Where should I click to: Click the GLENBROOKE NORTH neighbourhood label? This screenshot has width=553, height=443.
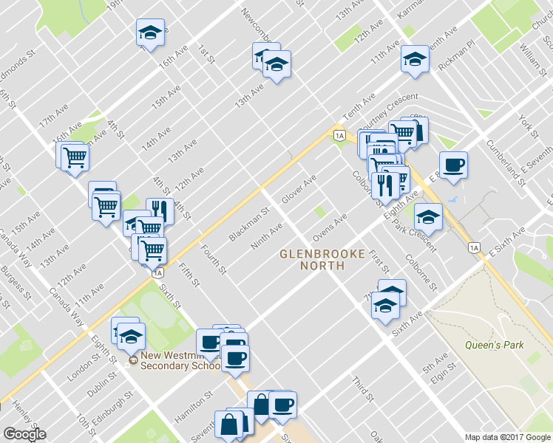322,259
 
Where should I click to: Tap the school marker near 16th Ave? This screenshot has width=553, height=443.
150,32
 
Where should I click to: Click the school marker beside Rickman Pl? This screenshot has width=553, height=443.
415,59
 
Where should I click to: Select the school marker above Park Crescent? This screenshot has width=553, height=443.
427,216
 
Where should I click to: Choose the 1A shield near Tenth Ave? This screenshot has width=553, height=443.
339,135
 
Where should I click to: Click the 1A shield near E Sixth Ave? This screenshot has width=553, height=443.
474,247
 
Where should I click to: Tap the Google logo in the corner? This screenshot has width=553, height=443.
24,434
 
